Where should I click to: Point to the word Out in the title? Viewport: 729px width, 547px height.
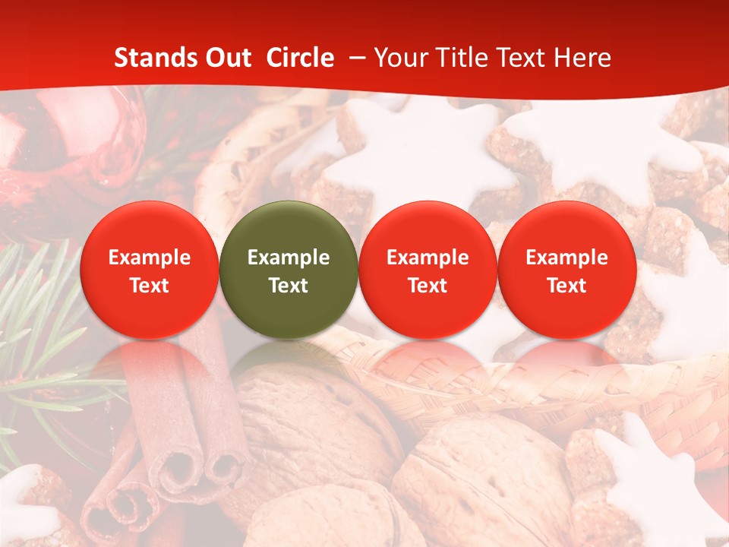tap(229, 58)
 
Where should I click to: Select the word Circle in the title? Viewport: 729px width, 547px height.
tap(300, 58)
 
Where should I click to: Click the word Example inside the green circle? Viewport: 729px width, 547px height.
tap(289, 258)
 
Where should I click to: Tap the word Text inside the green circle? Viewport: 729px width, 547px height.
tap(289, 286)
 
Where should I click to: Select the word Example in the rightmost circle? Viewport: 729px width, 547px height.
tap(566, 258)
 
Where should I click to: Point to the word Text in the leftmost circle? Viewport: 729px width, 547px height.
tap(149, 286)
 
